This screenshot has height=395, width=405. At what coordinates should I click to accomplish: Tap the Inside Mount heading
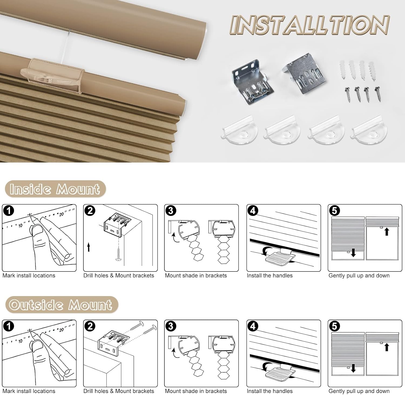point(55,189)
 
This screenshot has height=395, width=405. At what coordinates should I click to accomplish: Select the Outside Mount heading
point(61,305)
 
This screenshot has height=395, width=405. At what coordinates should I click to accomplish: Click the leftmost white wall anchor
point(343,70)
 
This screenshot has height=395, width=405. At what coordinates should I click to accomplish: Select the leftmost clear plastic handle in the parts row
point(239,129)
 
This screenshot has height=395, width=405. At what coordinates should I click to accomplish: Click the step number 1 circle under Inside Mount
point(8,210)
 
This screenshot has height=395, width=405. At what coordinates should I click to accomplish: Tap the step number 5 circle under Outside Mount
point(335,326)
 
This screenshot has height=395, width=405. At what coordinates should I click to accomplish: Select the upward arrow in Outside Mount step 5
point(387,347)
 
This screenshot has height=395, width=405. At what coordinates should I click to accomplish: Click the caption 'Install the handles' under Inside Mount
point(269,276)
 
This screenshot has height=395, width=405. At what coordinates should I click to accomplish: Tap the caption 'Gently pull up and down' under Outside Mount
point(359,391)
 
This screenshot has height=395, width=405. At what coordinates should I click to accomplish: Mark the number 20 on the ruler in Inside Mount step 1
point(61,214)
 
